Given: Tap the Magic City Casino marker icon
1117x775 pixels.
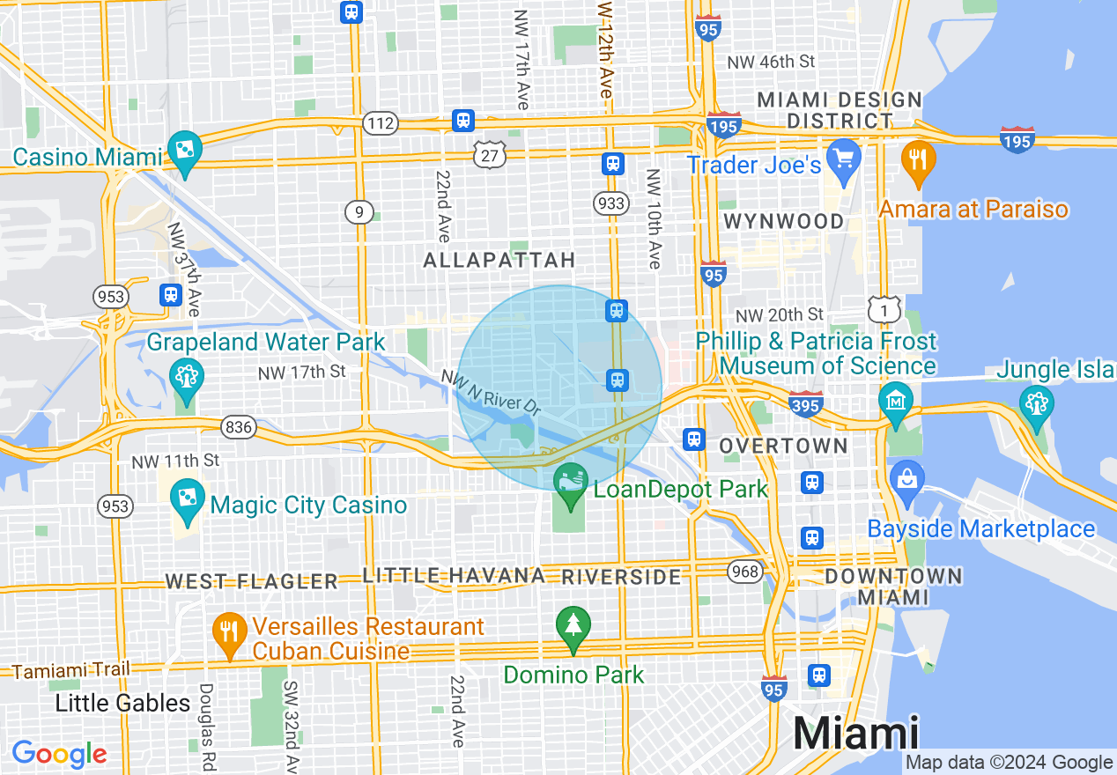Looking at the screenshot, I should click(187, 496).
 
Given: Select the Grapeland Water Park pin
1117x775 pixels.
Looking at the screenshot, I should click(187, 376).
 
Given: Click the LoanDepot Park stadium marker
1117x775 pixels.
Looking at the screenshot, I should click(570, 481).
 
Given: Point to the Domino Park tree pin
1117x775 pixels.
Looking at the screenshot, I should click(573, 627).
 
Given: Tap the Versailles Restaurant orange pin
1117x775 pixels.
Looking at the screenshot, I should click(229, 631).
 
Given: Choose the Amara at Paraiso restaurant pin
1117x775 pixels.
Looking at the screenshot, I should click(918, 159).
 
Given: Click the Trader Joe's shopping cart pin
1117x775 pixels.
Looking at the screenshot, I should click(844, 159).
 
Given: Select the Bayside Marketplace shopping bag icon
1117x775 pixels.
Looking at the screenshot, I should click(906, 481).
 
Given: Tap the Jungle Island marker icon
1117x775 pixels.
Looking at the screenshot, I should click(1036, 404).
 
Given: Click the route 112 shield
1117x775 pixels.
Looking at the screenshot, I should click(381, 123).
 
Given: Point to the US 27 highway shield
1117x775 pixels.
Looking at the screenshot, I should click(489, 155).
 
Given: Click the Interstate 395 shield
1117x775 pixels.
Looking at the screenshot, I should click(806, 403).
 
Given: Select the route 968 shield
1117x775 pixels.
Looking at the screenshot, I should click(744, 572).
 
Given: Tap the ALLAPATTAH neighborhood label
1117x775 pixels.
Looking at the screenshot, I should click(499, 260).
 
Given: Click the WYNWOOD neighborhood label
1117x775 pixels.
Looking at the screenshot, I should click(783, 221).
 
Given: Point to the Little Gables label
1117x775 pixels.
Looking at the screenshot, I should click(122, 703).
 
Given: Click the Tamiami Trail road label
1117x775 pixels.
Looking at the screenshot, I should click(70, 670).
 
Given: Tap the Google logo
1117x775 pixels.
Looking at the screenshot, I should click(59, 755).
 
